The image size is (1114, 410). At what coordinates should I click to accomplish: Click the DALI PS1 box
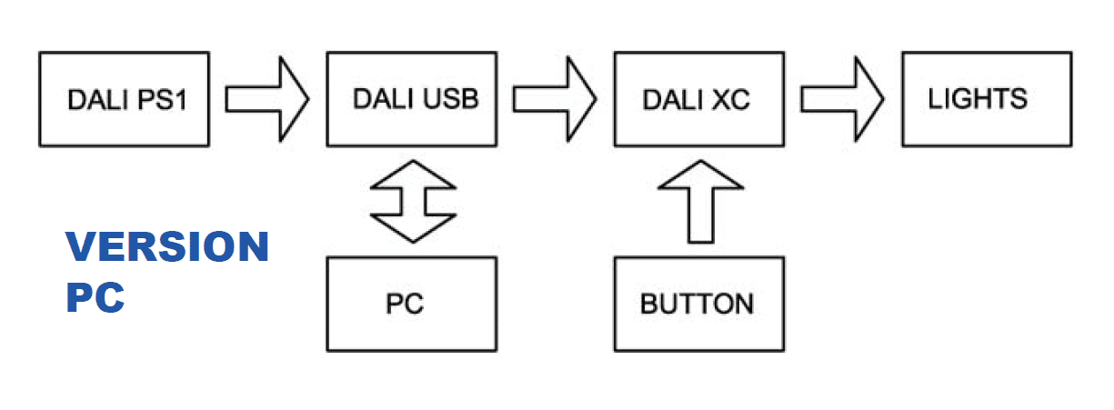click(124, 99)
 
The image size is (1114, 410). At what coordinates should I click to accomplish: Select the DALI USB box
click(412, 99)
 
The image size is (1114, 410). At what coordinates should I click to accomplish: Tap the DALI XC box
click(699, 99)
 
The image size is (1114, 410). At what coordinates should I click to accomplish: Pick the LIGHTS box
click(988, 99)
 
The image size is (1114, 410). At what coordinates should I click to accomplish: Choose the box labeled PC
click(412, 305)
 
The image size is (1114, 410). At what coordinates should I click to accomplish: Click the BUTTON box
click(699, 305)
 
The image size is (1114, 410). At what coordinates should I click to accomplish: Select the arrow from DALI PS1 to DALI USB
click(267, 99)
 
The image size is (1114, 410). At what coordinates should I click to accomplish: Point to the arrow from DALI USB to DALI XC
click(555, 99)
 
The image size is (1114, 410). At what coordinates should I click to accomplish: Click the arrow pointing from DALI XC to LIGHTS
click(842, 99)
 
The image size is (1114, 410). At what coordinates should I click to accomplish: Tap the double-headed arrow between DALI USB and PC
click(413, 201)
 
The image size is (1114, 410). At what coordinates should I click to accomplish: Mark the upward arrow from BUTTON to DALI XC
click(701, 201)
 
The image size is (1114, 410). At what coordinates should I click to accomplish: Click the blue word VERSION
click(167, 246)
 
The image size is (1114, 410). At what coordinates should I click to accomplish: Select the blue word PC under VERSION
click(95, 297)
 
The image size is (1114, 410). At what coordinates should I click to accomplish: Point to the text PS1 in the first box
click(162, 100)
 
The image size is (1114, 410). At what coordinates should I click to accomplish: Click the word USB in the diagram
click(451, 98)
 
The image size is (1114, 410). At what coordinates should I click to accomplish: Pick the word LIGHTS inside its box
click(978, 98)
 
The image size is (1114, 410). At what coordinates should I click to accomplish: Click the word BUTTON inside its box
click(698, 304)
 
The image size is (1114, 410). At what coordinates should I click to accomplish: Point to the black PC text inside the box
click(405, 304)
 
